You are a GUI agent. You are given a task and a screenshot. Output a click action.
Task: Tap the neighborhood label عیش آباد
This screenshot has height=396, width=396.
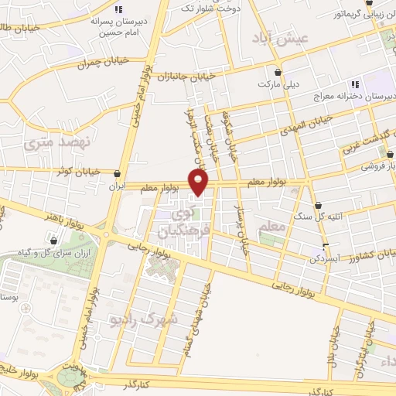pos(285,38)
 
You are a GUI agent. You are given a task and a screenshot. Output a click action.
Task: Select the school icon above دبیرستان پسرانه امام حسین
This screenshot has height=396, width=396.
pos(118,9)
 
